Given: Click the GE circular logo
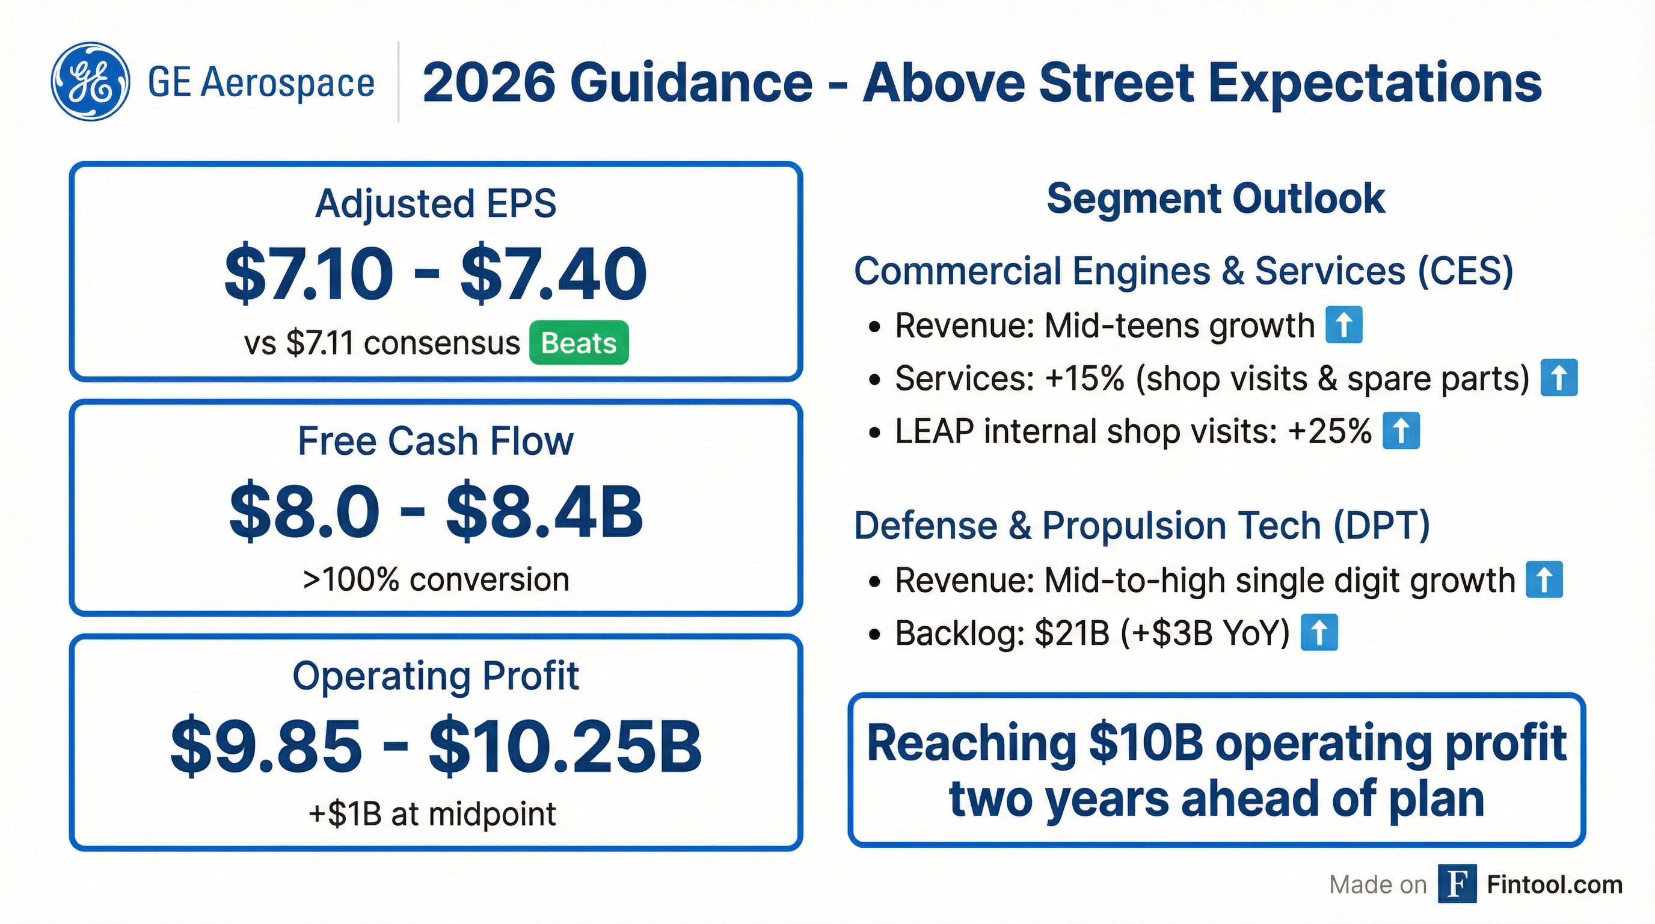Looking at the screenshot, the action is pos(90,82).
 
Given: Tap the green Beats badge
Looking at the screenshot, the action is pos(579,342).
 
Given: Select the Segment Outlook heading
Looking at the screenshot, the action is pos(1215,198).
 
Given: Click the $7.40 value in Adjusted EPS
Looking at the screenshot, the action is pos(553,274).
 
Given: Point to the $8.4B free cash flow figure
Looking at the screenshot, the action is pos(544,512).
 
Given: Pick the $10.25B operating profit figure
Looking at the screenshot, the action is pos(565,747).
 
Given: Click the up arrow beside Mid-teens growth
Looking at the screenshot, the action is pos(1344,325).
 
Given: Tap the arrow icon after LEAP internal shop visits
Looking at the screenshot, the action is pos(1401,431).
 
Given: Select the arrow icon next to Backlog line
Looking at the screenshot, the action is pos(1319,632).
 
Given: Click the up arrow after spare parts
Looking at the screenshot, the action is pos(1559,378).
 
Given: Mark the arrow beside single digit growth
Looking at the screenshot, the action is pos(1544,579).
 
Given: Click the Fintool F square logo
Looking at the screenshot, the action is pos(1457,884).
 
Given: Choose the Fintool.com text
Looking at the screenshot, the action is pos(1555,885).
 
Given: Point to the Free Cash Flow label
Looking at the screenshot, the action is pos(435,442).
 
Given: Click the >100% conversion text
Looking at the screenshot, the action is pos(435,579).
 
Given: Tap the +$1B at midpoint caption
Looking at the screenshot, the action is pos(432,814).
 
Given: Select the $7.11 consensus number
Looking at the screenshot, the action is pos(320,343).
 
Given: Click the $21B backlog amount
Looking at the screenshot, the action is pos(1072,633).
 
